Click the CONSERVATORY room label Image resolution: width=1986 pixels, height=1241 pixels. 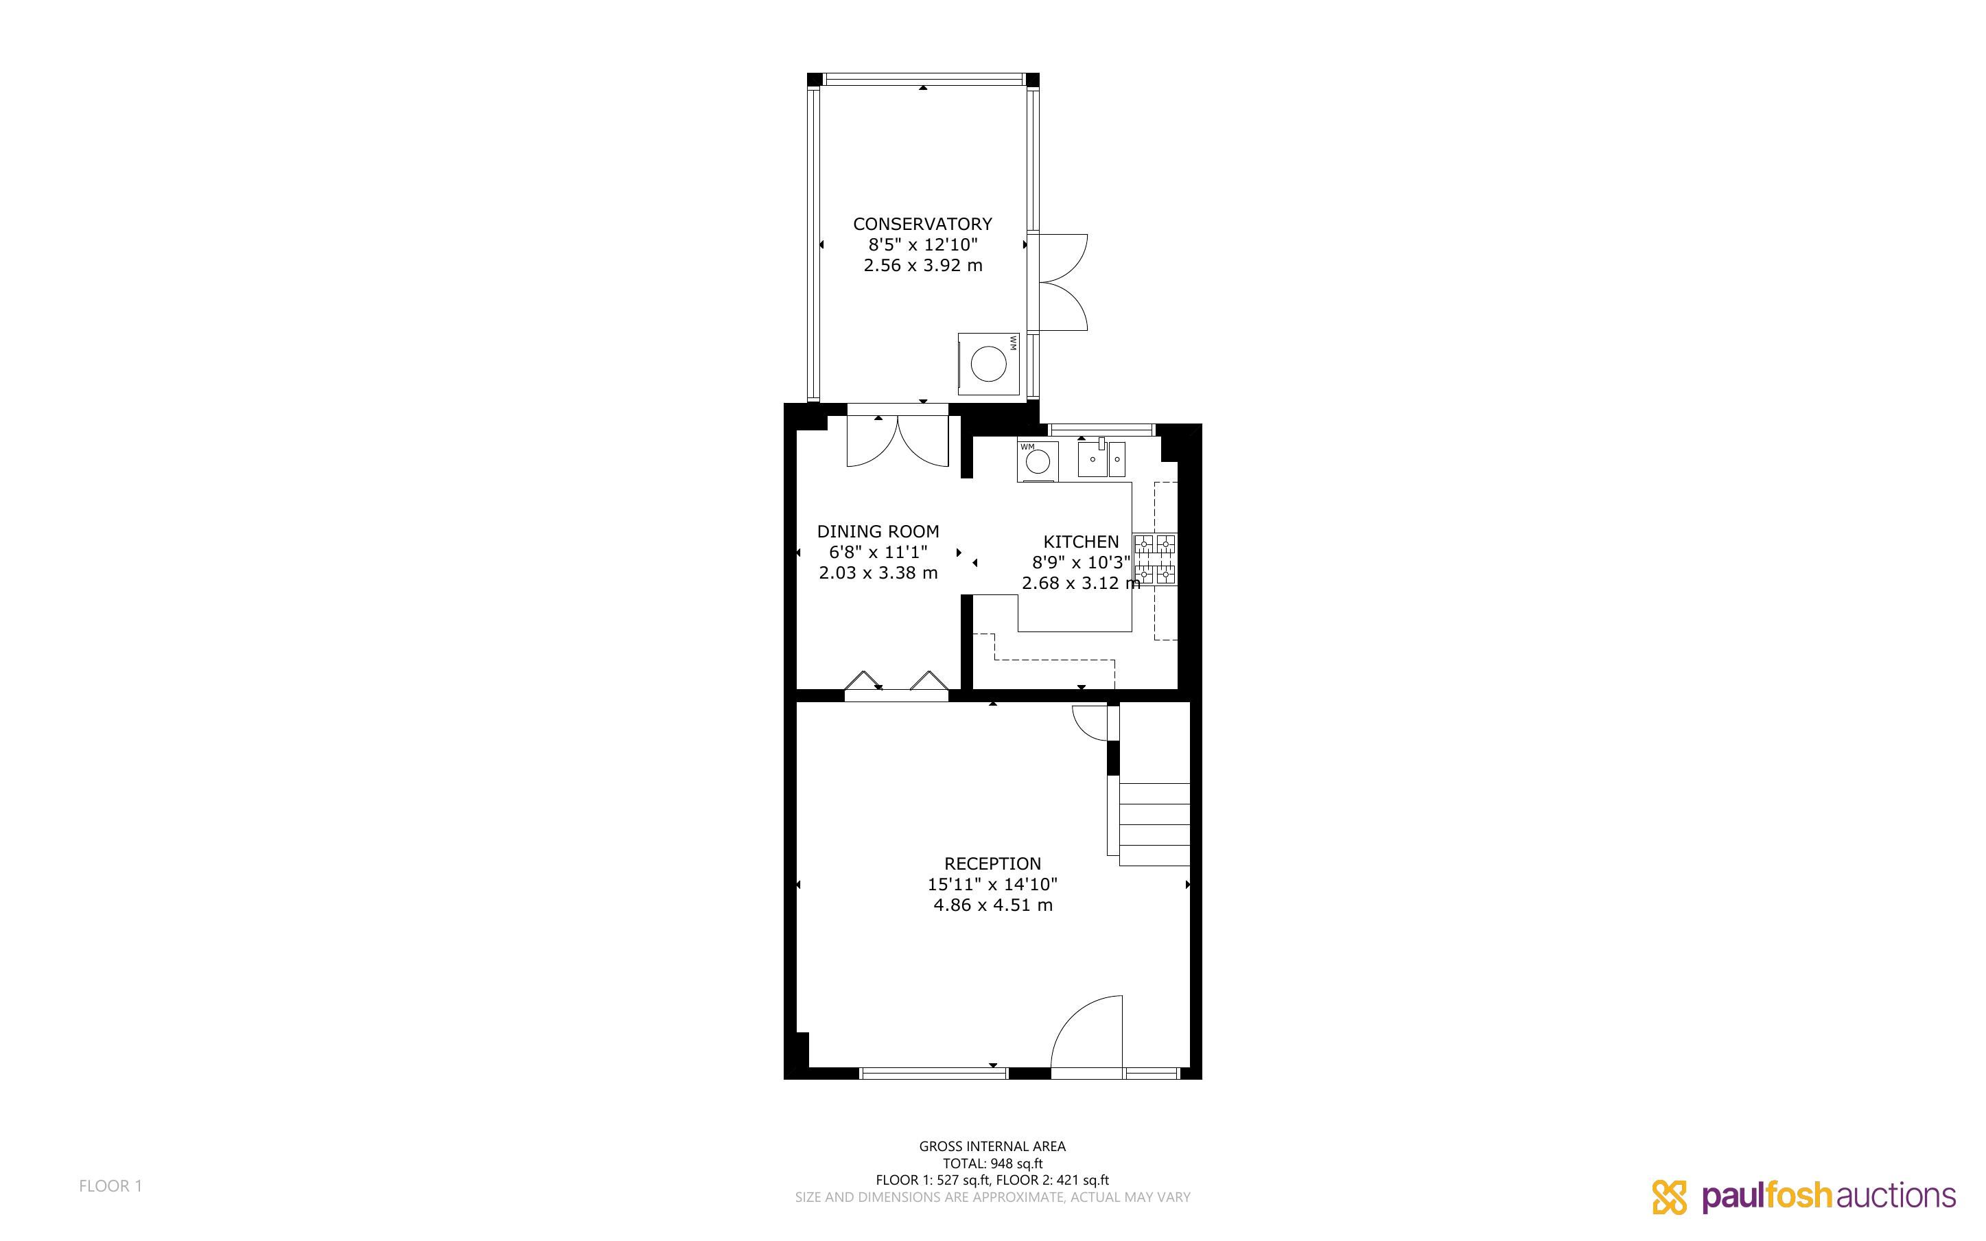pos(922,223)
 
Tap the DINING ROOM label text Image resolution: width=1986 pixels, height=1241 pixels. pos(878,531)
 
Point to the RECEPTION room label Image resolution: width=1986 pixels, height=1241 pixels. pos(992,863)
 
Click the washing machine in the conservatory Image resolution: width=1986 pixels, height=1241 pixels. pos(988,364)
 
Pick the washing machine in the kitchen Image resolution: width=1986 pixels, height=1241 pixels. pos(1038,461)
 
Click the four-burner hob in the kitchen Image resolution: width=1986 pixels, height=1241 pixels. pos(1154,559)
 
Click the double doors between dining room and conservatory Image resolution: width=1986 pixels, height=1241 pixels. pos(898,441)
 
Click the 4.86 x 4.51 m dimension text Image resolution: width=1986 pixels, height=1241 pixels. pos(992,905)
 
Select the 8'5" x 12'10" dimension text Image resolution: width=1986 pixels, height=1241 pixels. pos(923,244)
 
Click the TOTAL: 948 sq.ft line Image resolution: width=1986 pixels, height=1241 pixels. pos(992,1163)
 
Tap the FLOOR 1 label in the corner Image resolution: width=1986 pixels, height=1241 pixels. pos(110,1186)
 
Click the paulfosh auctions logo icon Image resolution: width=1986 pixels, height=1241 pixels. pos(1670,1196)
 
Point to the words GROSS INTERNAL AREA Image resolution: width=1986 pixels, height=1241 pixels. pos(992,1146)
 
